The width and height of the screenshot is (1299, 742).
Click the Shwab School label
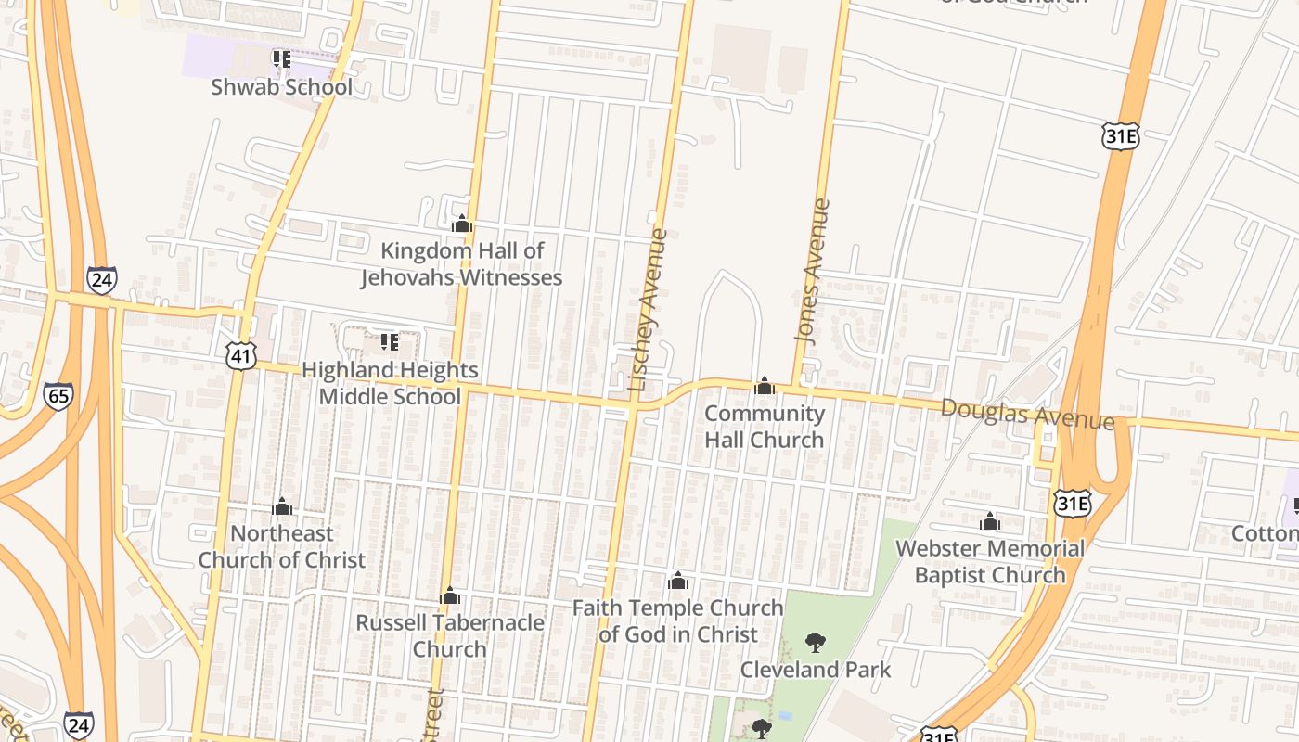point(281,87)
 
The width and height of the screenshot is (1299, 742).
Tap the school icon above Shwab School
point(281,59)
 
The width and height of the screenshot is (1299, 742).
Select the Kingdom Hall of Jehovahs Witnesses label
point(461,264)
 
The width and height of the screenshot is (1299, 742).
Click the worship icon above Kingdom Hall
point(461,224)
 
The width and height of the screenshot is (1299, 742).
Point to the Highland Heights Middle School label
point(390,383)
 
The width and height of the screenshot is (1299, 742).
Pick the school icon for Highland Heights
point(390,342)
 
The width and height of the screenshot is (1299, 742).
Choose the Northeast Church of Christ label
point(281,546)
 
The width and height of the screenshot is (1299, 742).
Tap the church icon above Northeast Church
point(282,506)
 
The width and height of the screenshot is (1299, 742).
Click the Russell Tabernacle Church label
point(450,635)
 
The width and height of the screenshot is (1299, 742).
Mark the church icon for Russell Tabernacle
point(450,595)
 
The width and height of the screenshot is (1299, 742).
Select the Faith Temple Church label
point(677,621)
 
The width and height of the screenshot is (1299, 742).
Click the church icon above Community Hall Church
point(765,385)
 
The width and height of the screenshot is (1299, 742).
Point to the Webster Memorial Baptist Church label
point(990,562)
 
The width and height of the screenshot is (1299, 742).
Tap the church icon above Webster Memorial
point(990,521)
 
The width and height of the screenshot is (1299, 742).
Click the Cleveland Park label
point(816,670)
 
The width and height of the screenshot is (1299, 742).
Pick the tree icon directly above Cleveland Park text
point(816,642)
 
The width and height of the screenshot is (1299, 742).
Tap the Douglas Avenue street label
point(1027,414)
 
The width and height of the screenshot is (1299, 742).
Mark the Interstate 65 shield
point(58,397)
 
